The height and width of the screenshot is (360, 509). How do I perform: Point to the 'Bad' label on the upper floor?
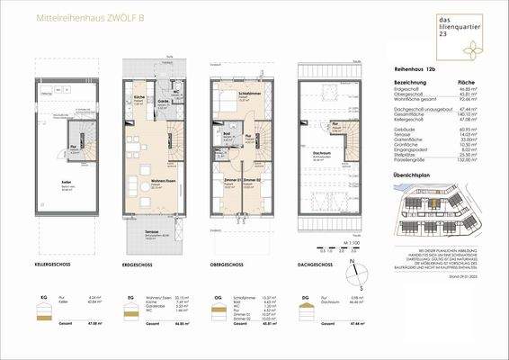click(227, 137)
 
